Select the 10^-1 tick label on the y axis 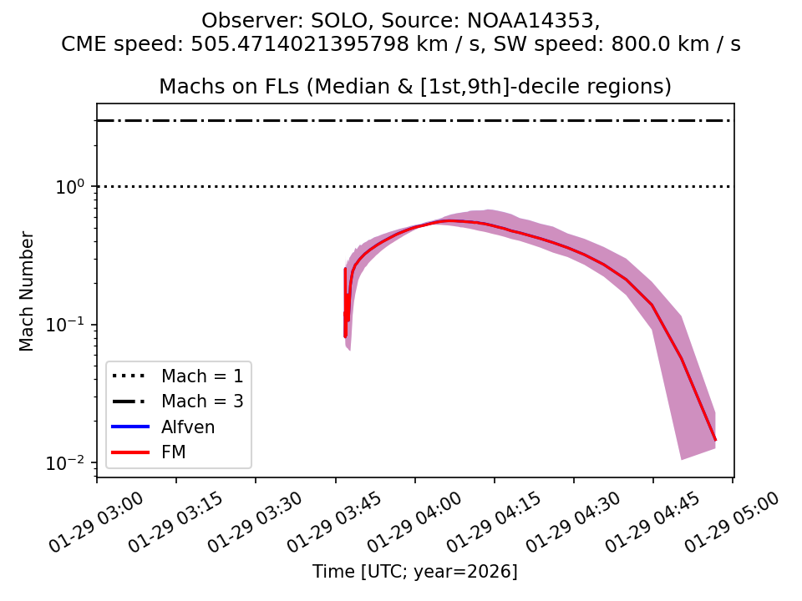click(70, 324)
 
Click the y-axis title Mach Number click(27, 290)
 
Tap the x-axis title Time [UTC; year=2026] click(415, 572)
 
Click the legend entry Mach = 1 click(202, 376)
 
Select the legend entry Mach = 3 click(202, 402)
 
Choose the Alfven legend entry click(188, 427)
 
